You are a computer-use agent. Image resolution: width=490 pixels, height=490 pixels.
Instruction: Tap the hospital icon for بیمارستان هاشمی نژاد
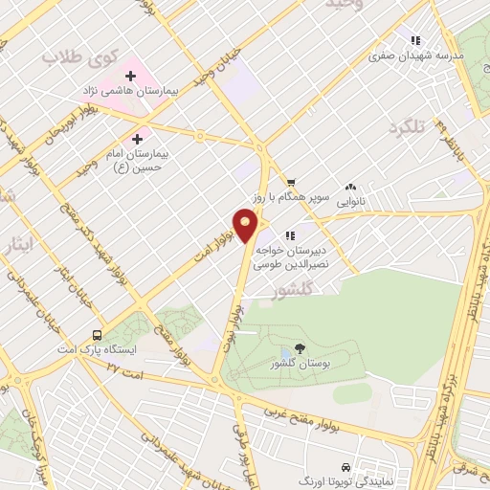tap(130, 76)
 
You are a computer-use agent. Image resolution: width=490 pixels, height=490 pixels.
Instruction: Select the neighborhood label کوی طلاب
tap(71, 57)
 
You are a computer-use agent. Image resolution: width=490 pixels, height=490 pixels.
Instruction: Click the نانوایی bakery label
tap(349, 201)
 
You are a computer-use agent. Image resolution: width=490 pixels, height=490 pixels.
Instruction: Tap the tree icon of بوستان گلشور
tap(301, 348)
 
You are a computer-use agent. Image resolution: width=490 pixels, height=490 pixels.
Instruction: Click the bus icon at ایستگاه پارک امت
tap(97, 335)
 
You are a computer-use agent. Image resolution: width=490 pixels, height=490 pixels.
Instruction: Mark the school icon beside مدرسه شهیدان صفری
tap(415, 41)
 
